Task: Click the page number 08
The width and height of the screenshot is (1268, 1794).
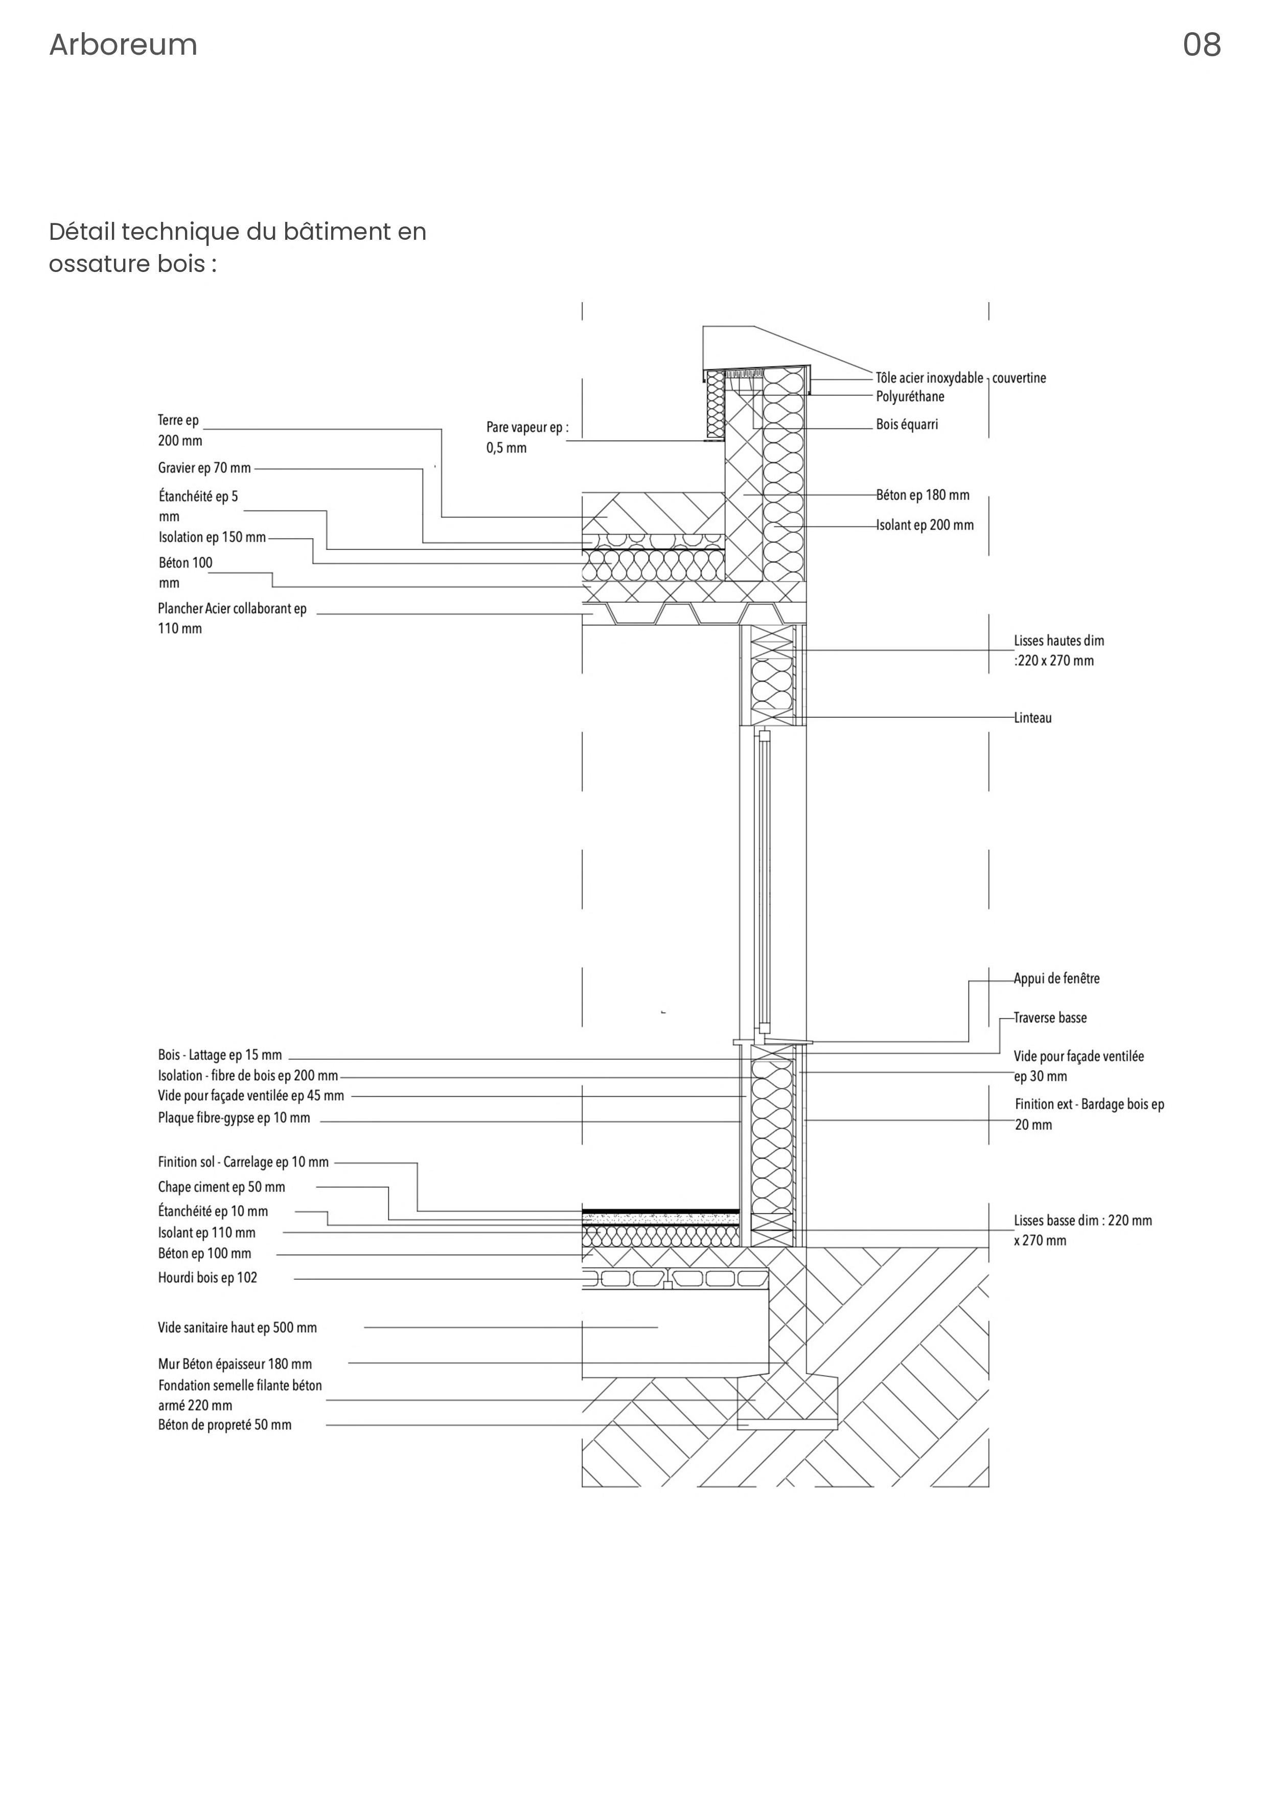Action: tap(1201, 46)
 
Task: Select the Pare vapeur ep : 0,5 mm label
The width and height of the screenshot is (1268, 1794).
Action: tap(527, 438)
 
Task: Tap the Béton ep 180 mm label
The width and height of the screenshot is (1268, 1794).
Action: tap(923, 495)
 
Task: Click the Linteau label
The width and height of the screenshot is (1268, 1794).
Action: tap(1033, 718)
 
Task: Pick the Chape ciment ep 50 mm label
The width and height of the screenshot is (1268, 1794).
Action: tap(221, 1187)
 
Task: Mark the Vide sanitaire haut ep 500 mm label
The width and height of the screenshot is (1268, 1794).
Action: tap(238, 1328)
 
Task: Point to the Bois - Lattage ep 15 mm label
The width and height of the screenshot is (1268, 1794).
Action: tap(220, 1056)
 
